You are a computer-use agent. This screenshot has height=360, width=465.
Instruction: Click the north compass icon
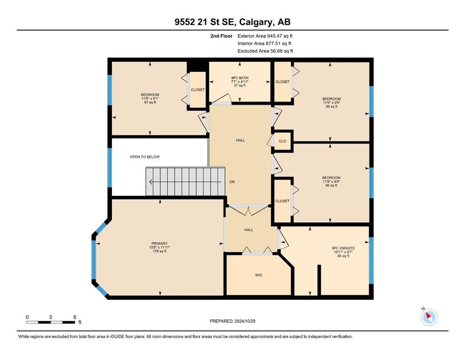point(429,317)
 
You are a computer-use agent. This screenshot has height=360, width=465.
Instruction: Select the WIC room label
point(258,275)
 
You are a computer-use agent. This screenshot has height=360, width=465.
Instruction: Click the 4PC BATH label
point(240,78)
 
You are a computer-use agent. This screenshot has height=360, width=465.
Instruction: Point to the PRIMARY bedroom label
point(160,243)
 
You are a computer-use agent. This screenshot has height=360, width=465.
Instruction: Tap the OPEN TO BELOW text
point(145,157)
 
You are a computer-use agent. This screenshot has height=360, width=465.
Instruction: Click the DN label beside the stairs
point(232,182)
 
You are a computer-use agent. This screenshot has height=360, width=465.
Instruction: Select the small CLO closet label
point(282,141)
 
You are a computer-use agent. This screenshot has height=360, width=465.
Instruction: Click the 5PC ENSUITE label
point(343,248)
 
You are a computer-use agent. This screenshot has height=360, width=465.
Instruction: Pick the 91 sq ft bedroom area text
point(150,102)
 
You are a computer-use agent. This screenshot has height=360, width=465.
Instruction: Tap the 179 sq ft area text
point(160,251)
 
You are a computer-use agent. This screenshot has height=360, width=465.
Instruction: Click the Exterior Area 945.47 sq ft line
point(265,36)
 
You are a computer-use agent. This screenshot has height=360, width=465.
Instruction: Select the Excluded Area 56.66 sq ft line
point(265,51)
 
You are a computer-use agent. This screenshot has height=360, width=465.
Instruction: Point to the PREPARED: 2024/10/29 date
point(232,321)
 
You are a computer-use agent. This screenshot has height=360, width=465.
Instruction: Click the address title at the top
point(232,22)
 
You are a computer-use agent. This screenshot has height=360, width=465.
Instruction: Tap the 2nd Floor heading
point(221,36)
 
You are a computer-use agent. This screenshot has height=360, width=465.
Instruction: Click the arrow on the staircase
point(185,181)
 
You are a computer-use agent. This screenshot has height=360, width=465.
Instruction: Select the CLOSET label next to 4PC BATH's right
point(282,82)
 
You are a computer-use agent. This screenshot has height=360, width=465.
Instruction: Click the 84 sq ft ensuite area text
point(343,256)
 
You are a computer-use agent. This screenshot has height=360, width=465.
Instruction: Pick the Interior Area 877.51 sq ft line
point(264,43)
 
